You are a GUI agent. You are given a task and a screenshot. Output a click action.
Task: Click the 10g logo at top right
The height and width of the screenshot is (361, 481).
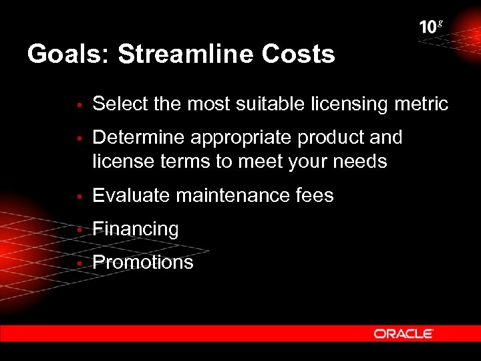click(x=431, y=27)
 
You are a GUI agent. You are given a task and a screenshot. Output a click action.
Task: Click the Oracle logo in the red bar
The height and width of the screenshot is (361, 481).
click(x=404, y=334)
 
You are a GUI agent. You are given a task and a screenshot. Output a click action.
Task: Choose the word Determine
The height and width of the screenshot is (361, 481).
click(x=138, y=138)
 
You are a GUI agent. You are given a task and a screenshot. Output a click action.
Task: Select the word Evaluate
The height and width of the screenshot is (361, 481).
click(x=131, y=196)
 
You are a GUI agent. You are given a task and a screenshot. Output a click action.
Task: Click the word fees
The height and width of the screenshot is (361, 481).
click(x=314, y=196)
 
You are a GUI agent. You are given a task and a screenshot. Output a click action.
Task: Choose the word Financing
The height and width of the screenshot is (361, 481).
click(x=136, y=229)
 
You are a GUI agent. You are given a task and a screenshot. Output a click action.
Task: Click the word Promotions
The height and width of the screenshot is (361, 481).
click(x=143, y=262)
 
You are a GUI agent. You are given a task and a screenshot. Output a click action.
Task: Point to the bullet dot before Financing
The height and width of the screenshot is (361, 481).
click(x=79, y=230)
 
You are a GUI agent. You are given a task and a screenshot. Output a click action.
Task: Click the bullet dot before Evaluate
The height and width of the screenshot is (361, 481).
click(x=79, y=197)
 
